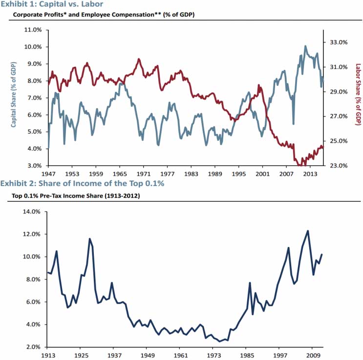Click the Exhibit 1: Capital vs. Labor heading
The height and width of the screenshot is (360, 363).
coord(51,4)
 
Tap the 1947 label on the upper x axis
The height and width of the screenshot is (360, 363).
coord(47,173)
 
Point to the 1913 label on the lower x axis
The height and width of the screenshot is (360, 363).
coord(47,355)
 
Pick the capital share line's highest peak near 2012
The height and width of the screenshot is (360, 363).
coord(305,46)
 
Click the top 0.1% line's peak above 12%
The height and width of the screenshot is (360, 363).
coord(308,231)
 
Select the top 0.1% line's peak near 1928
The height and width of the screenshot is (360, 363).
coord(89,239)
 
